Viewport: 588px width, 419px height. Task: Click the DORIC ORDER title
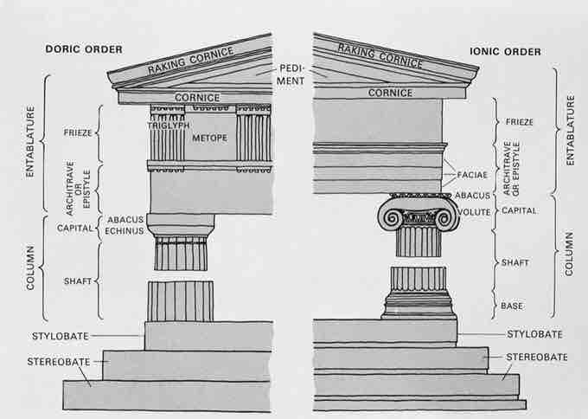[x=84, y=49]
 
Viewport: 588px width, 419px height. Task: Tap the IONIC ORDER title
[x=505, y=51]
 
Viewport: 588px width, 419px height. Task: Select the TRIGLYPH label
[x=169, y=126]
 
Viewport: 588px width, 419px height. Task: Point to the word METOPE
[x=209, y=139]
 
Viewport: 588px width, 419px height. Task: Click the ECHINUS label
[x=125, y=231]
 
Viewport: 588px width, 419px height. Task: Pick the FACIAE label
[x=472, y=175]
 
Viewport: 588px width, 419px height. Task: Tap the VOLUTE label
[x=474, y=212]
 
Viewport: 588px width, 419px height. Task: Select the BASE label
[x=512, y=306]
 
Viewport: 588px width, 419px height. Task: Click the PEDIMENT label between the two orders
[x=291, y=74]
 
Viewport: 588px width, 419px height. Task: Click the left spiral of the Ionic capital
[x=393, y=218]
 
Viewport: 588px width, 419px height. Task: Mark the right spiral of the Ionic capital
[x=445, y=218]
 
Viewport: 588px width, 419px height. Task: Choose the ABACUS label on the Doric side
[x=125, y=219]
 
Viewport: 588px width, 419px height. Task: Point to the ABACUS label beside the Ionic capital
[x=472, y=196]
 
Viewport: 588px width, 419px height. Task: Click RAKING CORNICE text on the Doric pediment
[x=190, y=61]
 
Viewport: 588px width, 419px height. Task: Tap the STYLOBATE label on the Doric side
[x=61, y=336]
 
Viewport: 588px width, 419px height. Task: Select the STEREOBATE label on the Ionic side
[x=537, y=357]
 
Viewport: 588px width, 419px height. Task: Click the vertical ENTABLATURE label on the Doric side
[x=30, y=142]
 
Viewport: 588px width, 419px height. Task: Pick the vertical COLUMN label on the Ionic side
[x=569, y=254]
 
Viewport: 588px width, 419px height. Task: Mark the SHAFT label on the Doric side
[x=78, y=281]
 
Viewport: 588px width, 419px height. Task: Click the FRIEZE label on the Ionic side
[x=520, y=122]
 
